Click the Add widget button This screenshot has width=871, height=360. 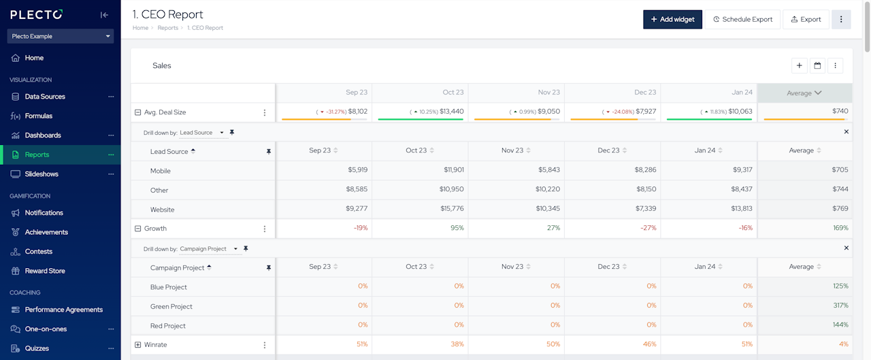pos(672,19)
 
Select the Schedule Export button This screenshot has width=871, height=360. pos(742,19)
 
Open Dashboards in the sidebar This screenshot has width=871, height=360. pos(43,135)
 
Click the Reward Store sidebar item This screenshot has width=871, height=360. pos(45,271)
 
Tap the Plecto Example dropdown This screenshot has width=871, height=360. pos(61,36)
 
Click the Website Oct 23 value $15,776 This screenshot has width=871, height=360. pos(452,210)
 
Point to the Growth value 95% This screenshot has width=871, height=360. pos(457,229)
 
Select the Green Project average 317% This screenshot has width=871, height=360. pos(840,306)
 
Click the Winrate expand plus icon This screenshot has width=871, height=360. pos(137,345)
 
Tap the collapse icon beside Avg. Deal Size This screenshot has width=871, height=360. pos(137,112)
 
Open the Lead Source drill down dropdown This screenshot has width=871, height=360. pos(202,133)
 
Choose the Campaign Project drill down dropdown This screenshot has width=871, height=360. pos(209,249)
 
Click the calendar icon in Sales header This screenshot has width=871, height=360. pos(817,66)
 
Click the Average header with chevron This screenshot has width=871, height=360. pos(804,93)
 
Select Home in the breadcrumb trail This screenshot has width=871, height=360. pos(140,28)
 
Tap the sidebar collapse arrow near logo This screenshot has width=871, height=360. pos(104,15)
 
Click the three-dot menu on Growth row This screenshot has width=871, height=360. pos(265,229)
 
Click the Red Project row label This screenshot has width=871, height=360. pos(168,326)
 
